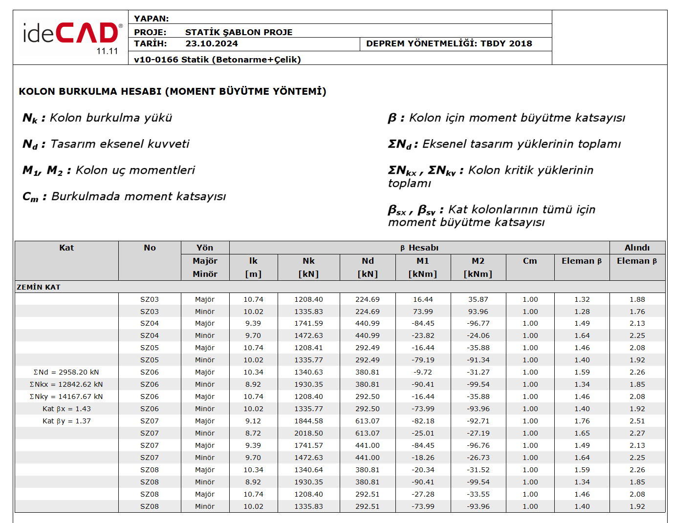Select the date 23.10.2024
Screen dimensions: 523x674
click(212, 43)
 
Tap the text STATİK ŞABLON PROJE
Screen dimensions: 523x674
click(239, 32)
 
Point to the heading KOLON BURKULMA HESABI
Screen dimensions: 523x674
click(172, 91)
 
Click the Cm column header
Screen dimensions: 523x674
click(530, 261)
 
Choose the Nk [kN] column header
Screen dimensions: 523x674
click(308, 267)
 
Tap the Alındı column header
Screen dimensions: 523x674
click(637, 248)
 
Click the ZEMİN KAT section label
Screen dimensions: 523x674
click(39, 287)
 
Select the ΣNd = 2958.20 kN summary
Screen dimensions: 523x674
click(66, 372)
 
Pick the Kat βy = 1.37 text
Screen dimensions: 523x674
click(66, 421)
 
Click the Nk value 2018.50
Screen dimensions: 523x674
click(308, 433)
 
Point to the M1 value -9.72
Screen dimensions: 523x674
click(423, 372)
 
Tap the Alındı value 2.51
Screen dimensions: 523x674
click(637, 421)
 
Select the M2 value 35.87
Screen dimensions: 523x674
click(478, 299)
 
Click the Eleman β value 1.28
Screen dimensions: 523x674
click(582, 312)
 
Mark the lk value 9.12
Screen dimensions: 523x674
click(253, 421)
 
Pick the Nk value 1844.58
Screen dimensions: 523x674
click(308, 421)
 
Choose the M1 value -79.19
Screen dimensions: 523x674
click(423, 360)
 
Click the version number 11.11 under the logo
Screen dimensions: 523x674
click(107, 51)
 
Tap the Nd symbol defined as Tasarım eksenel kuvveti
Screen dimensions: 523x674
click(30, 145)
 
